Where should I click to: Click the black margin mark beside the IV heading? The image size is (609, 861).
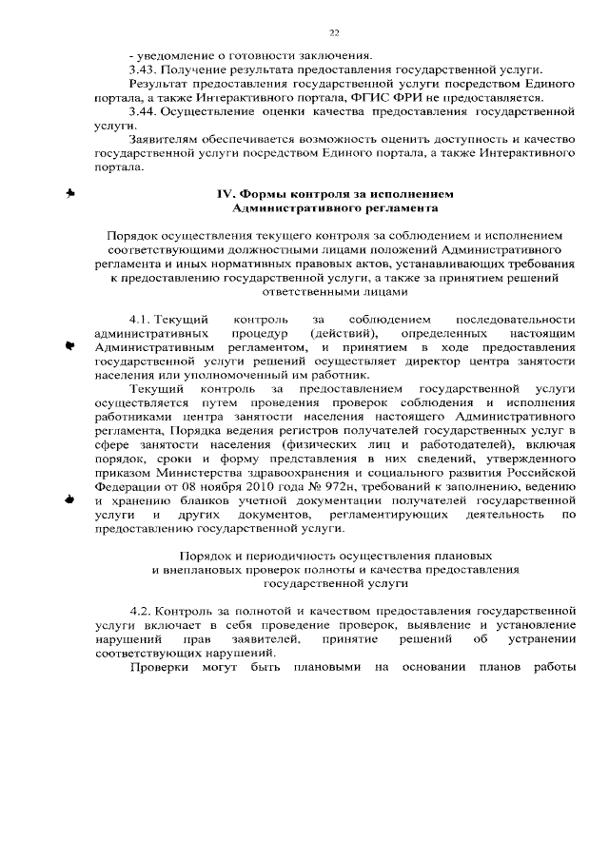pos(69,193)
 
